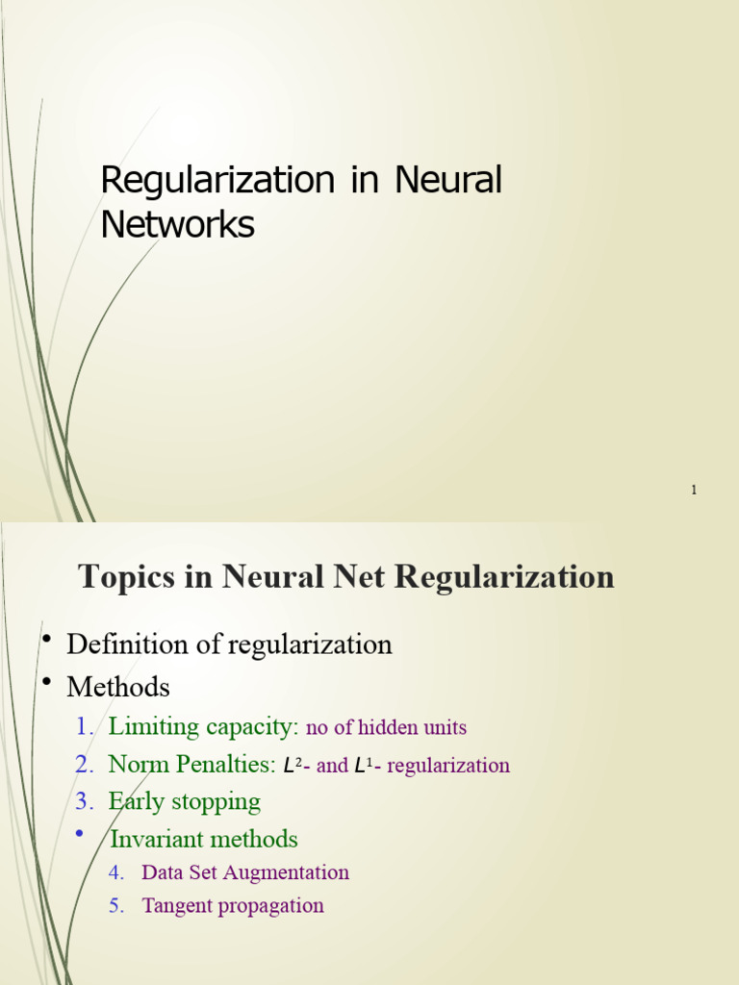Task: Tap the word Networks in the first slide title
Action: [177, 224]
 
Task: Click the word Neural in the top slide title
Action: [449, 180]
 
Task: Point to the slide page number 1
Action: [693, 491]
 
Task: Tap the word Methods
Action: [117, 687]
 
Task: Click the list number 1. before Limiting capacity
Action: [84, 727]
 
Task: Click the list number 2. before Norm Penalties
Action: [84, 765]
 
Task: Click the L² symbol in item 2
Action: [292, 766]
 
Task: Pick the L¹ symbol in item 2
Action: [363, 766]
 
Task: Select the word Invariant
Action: [154, 839]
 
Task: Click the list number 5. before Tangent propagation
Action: [116, 905]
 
